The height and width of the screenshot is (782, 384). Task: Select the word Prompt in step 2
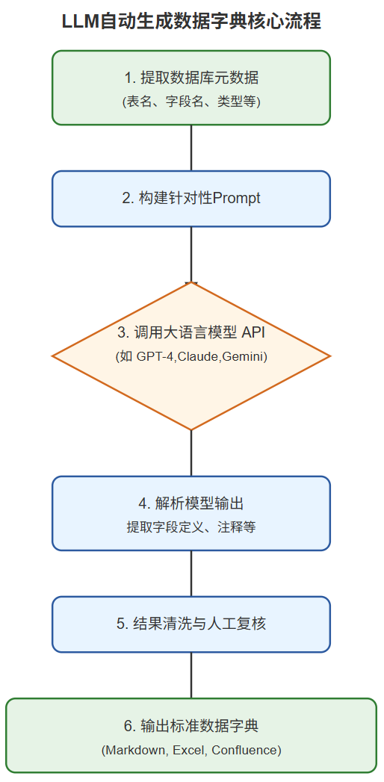pyautogui.click(x=237, y=199)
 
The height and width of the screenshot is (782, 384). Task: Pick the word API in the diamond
pyautogui.click(x=253, y=332)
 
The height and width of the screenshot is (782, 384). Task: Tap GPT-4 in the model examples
pyautogui.click(x=154, y=357)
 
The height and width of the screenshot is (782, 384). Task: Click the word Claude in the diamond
pyautogui.click(x=198, y=357)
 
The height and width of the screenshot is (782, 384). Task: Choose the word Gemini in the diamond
pyautogui.click(x=242, y=357)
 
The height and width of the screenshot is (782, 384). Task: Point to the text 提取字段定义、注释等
pyautogui.click(x=191, y=527)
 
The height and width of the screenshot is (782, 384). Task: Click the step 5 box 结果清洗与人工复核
pyautogui.click(x=191, y=624)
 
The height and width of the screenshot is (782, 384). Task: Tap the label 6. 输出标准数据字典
pyautogui.click(x=191, y=725)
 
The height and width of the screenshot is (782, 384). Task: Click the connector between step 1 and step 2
pyautogui.click(x=191, y=148)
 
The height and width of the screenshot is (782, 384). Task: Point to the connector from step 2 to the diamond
pyautogui.click(x=191, y=254)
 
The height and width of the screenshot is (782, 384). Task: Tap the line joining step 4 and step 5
pyautogui.click(x=191, y=573)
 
